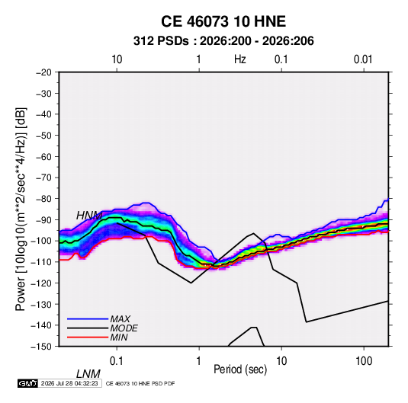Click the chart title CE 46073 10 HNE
coord(223,21)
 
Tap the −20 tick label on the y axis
coord(43,72)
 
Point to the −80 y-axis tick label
coord(43,199)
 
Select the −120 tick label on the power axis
coord(41,283)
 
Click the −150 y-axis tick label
coord(41,347)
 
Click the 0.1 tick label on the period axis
coord(117,361)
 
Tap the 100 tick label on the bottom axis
coord(364,361)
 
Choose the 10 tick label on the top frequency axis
coord(117,59)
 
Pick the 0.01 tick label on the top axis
coord(363,59)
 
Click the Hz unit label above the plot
coord(240,59)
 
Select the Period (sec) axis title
coord(240,369)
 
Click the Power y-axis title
coord(21,209)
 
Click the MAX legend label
coord(120,318)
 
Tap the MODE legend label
coord(124,328)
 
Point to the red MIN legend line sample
coord(88,337)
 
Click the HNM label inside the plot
coord(89,216)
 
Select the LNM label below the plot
coord(88,374)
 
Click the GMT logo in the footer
coord(27,383)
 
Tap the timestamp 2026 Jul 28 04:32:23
coord(69,383)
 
